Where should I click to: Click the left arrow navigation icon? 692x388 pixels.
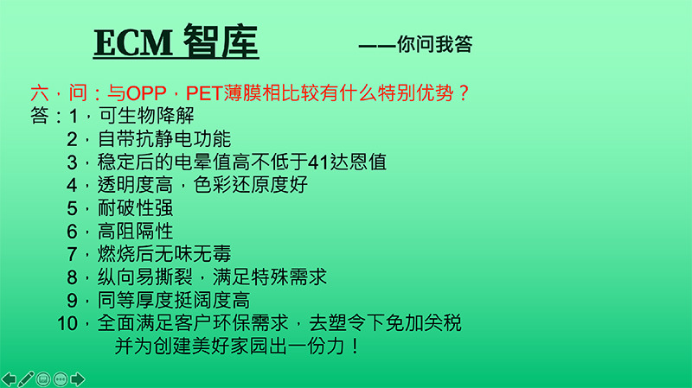(x=10, y=378)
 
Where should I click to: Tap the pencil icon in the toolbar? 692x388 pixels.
(x=26, y=378)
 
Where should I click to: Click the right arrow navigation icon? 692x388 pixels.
(x=78, y=378)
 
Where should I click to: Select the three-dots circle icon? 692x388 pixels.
(x=61, y=378)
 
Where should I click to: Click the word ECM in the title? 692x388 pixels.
(x=134, y=42)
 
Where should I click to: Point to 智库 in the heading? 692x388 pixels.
(x=221, y=42)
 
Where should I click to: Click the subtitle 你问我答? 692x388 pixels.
(x=434, y=46)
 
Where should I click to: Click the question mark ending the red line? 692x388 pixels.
(x=462, y=92)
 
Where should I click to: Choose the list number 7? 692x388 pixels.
(x=73, y=255)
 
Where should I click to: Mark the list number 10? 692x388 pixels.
(x=67, y=325)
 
